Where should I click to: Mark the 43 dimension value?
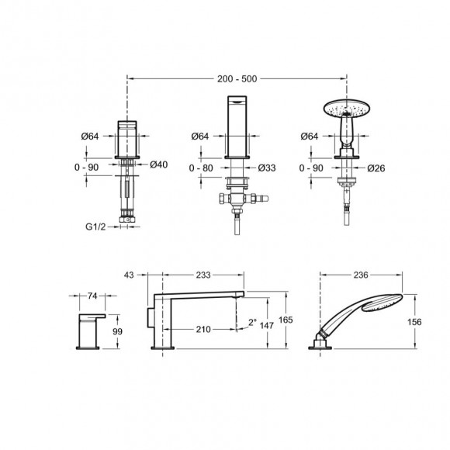click(129, 274)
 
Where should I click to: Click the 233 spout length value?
click(202, 274)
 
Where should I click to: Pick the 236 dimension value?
click(360, 274)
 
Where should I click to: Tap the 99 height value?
click(118, 331)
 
